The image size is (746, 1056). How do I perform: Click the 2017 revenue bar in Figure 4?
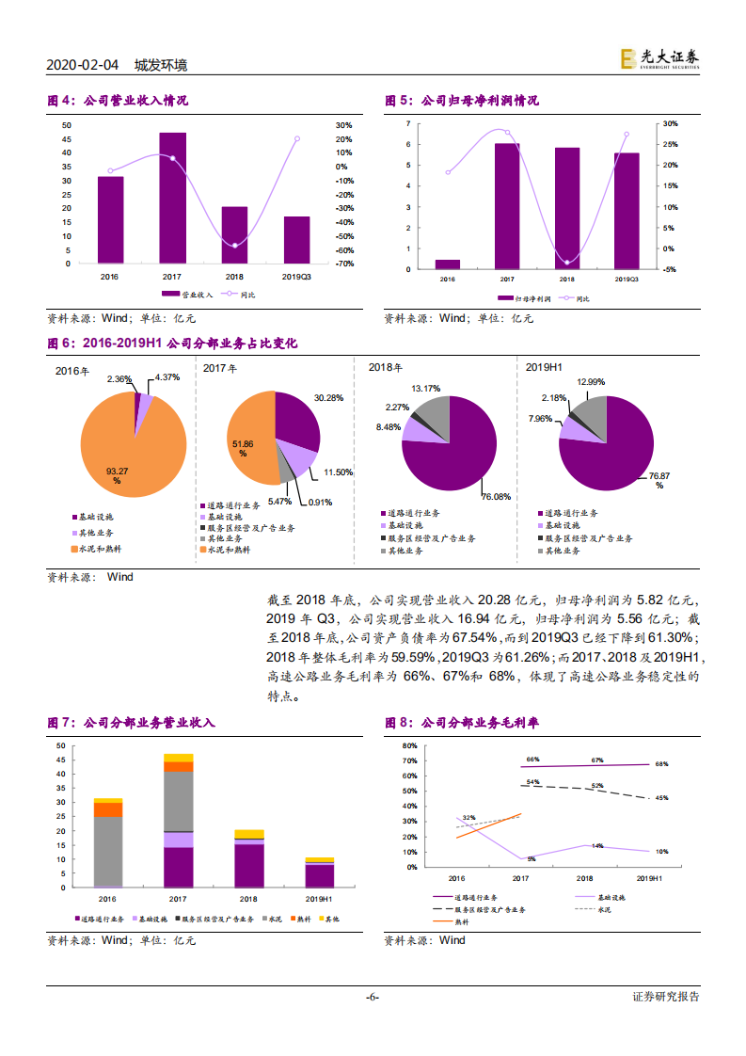[x=172, y=199]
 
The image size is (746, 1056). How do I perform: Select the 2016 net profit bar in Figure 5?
[x=448, y=264]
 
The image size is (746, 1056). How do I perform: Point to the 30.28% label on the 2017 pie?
[x=328, y=398]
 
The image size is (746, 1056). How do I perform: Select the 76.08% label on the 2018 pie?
[x=496, y=495]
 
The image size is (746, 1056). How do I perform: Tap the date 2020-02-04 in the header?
[x=83, y=65]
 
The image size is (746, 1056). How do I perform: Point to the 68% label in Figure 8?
[x=661, y=764]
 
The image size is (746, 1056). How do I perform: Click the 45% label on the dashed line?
[x=661, y=798]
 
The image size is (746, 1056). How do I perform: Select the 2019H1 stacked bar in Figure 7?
[x=320, y=872]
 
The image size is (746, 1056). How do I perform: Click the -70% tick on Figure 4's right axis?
[x=343, y=264]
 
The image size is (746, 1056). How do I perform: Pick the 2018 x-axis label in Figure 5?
[x=566, y=280]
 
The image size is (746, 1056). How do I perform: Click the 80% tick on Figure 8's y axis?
[x=410, y=745]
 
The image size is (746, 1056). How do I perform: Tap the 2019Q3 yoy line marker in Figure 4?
[x=297, y=138]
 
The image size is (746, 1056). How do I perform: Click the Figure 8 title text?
[x=462, y=723]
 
